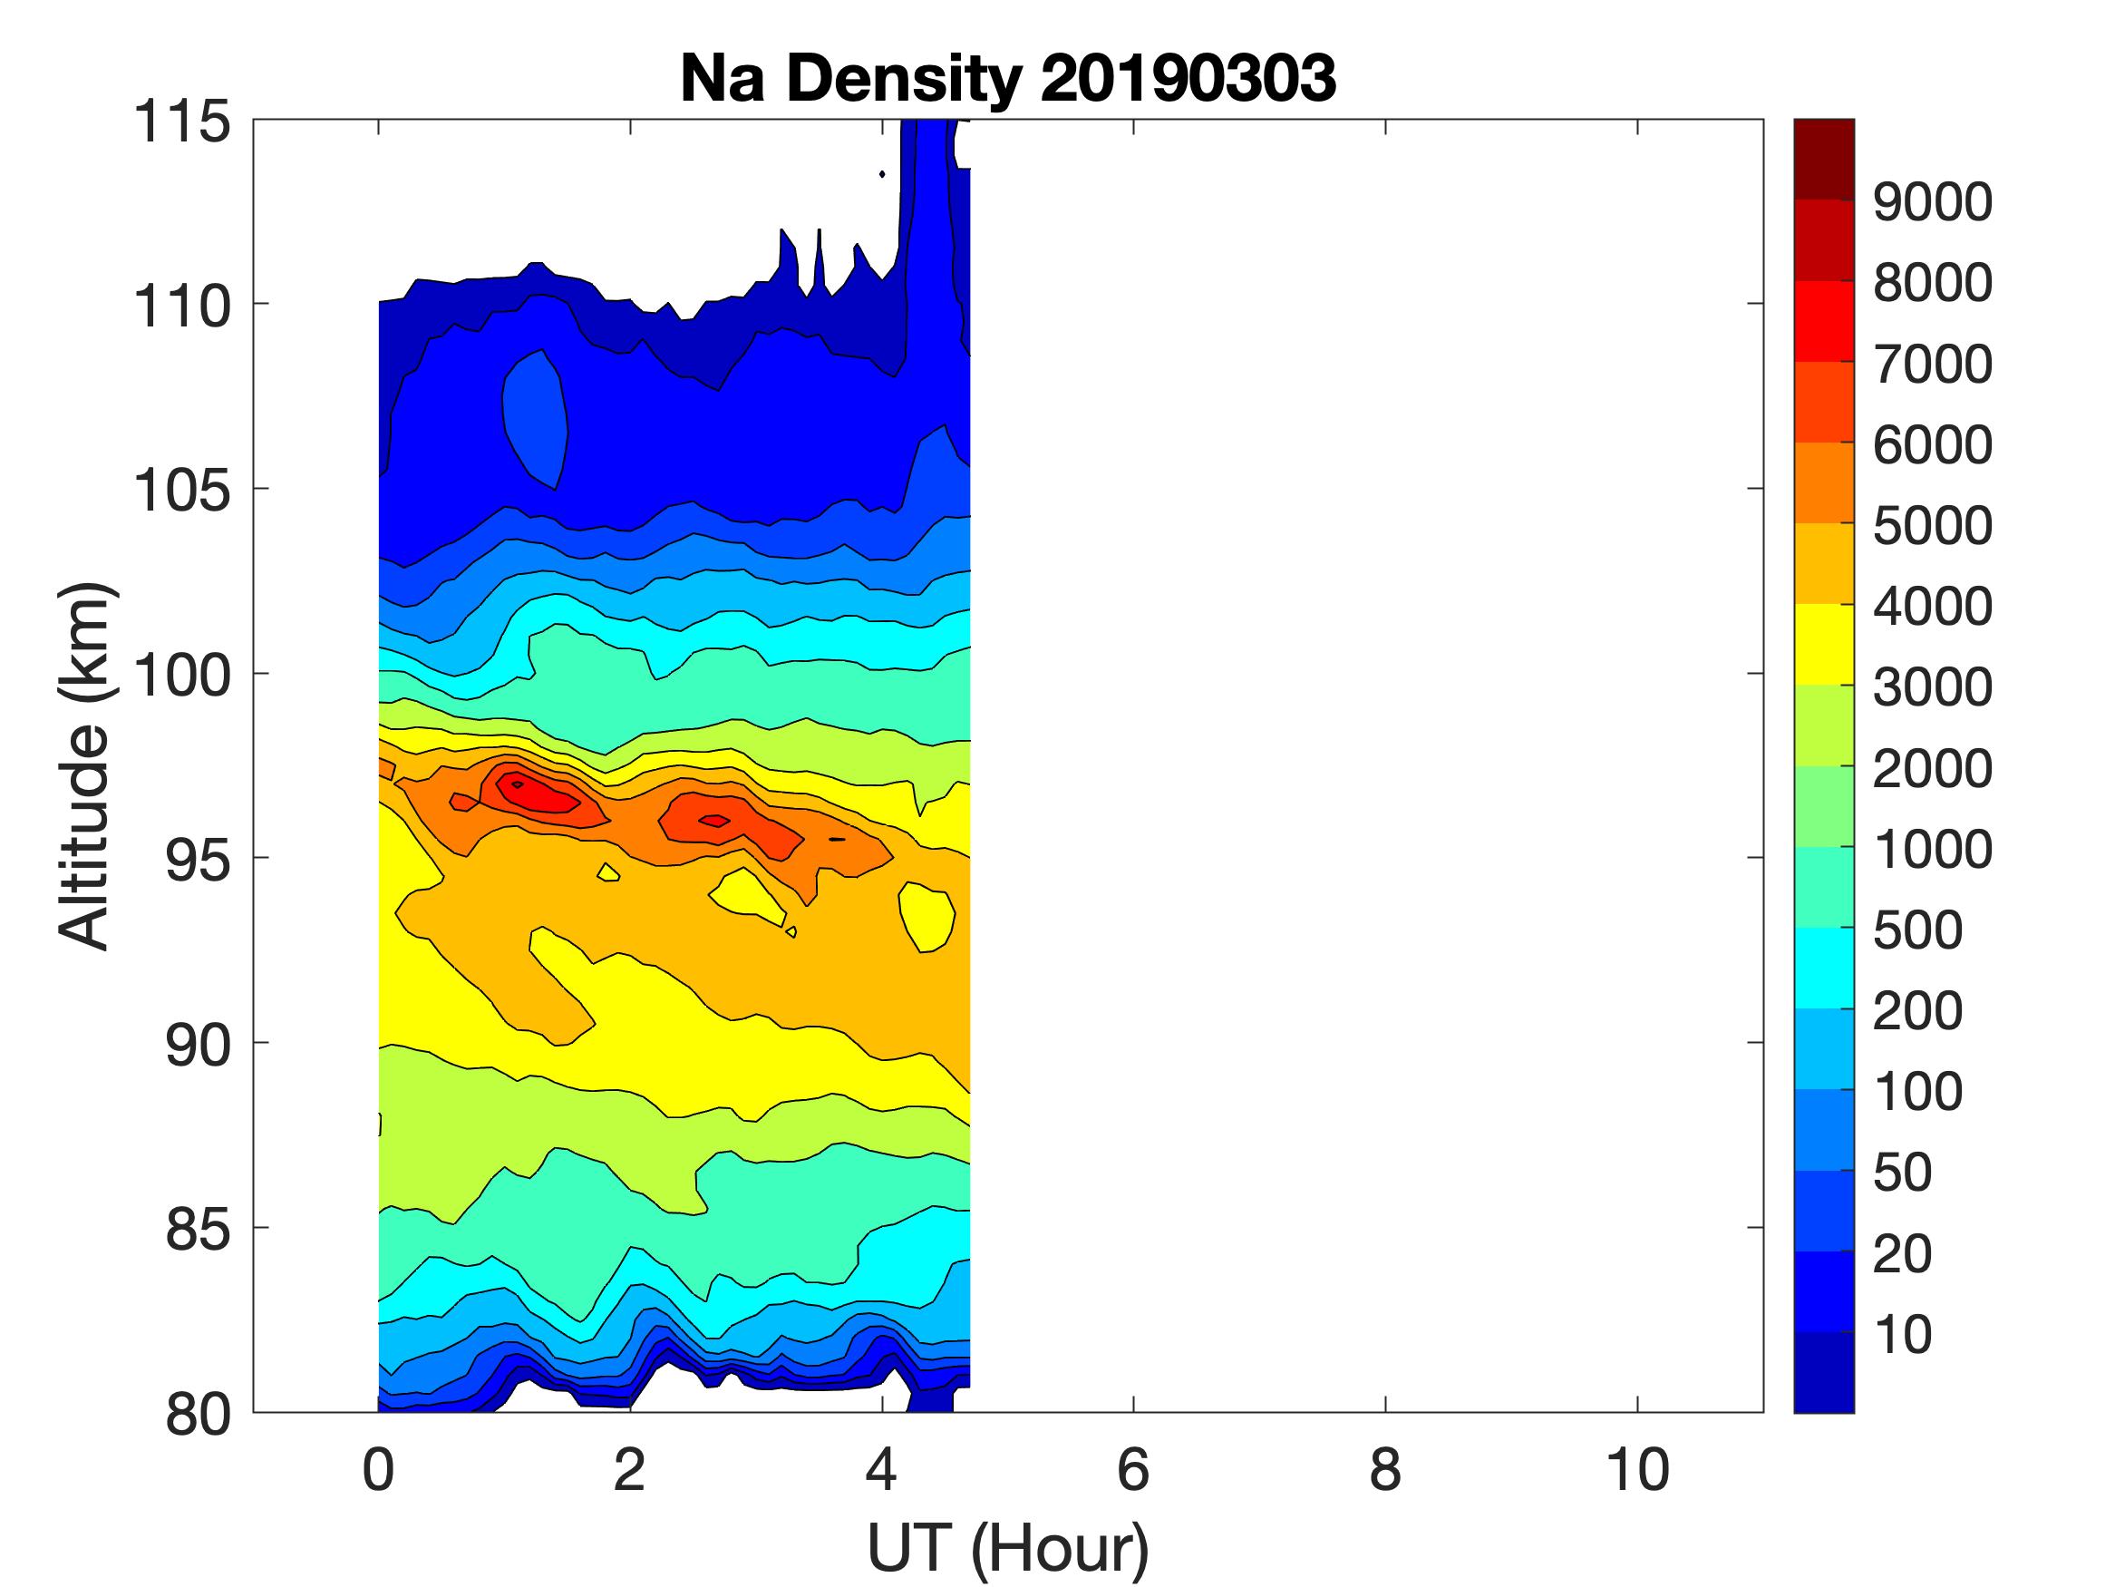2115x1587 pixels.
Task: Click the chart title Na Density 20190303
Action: (x=1008, y=78)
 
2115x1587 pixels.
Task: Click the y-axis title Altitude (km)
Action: (x=86, y=765)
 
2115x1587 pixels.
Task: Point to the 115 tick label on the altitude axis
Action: (x=181, y=122)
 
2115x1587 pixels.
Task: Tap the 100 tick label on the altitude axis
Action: (x=181, y=676)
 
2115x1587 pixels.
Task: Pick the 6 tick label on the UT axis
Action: (x=1133, y=1470)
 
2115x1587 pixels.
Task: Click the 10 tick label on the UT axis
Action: (x=1637, y=1470)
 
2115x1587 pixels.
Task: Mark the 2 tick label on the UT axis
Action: (x=629, y=1470)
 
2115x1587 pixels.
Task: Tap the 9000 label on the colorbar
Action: (x=1931, y=202)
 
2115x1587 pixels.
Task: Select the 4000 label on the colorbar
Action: (x=1931, y=607)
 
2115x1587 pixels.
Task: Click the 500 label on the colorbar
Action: (x=1917, y=930)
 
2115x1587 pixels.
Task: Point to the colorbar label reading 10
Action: (x=1903, y=1335)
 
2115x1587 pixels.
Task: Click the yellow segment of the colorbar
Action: (x=1823, y=644)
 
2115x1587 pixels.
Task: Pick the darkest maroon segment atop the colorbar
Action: (x=1823, y=159)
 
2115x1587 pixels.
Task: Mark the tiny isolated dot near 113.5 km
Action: (x=881, y=174)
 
